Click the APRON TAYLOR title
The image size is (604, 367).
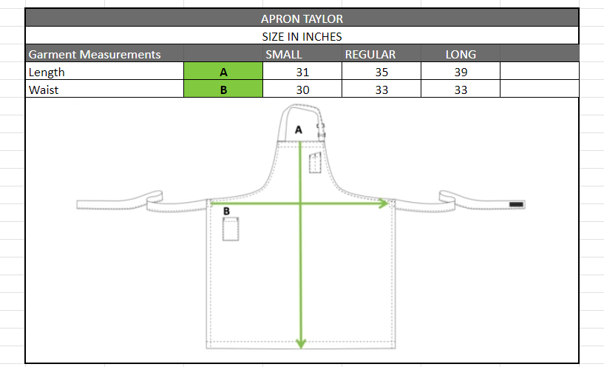302,19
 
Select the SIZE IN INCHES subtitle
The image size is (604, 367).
302,36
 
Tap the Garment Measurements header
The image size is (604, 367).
95,54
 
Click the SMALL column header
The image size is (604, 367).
283,54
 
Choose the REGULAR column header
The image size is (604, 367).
370,54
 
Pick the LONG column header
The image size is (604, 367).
461,54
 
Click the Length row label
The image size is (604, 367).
47,72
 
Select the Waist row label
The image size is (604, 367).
44,90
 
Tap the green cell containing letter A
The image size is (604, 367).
223,71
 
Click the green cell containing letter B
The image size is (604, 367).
223,89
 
